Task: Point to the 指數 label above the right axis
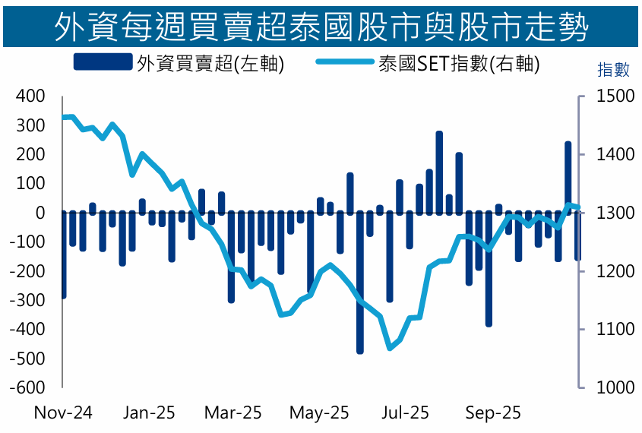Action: coord(614,71)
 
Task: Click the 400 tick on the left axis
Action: coord(31,96)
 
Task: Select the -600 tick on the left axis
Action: coord(28,387)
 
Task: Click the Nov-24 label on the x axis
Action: coord(63,413)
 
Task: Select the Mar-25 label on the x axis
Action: coord(233,413)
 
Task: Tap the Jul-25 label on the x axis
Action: coord(405,413)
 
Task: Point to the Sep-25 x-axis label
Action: coord(493,413)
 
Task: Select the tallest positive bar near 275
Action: coord(439,171)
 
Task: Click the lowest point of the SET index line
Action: coord(390,348)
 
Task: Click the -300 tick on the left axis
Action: coord(28,300)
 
